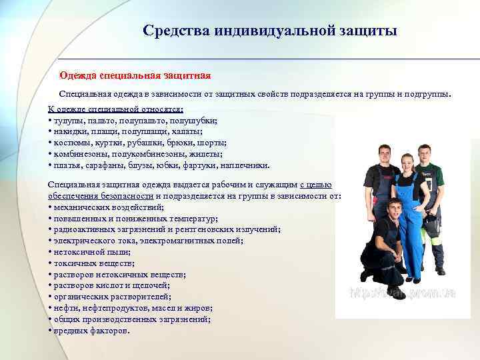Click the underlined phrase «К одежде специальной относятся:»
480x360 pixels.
[x=115, y=109]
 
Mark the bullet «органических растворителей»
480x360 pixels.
[x=112, y=297]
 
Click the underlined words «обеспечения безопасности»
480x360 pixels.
[x=101, y=195]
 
